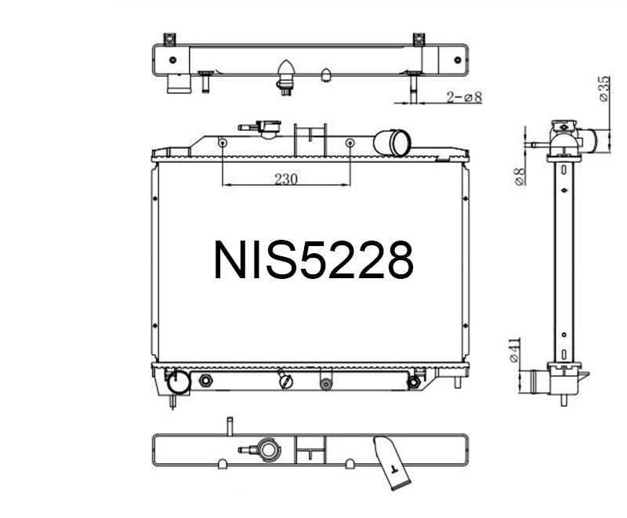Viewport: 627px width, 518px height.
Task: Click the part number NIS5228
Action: pyautogui.click(x=313, y=261)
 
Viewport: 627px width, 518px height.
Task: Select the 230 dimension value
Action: pyautogui.click(x=286, y=179)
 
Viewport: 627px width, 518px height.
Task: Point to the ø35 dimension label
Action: pyautogui.click(x=604, y=88)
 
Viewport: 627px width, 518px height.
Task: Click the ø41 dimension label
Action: pyautogui.click(x=514, y=350)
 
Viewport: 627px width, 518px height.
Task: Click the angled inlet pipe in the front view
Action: pyautogui.click(x=392, y=143)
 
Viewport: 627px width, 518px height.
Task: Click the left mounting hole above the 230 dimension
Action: pyautogui.click(x=223, y=143)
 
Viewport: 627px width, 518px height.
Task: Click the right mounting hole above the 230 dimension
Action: pyautogui.click(x=350, y=143)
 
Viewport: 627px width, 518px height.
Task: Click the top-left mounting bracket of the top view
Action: pyautogui.click(x=169, y=38)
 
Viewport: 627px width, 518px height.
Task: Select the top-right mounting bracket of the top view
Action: pyautogui.click(x=419, y=38)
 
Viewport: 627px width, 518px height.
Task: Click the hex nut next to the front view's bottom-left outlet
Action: pyautogui.click(x=206, y=381)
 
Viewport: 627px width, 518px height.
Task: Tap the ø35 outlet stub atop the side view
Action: pyautogui.click(x=586, y=141)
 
